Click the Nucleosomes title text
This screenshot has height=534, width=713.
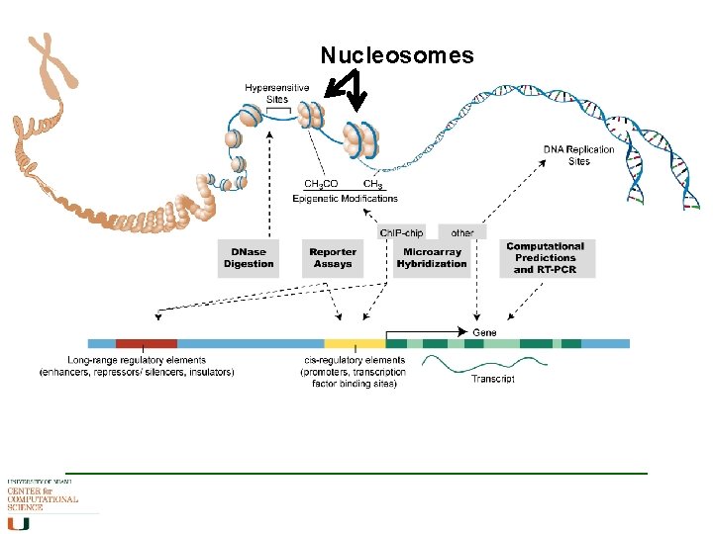point(397,55)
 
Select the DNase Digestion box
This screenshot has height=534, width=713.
point(249,258)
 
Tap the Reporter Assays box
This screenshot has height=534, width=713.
point(333,258)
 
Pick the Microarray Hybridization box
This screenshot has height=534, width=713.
point(432,258)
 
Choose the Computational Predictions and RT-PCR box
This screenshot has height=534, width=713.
point(545,257)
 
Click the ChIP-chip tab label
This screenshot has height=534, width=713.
point(401,233)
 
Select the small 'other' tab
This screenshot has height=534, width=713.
point(461,233)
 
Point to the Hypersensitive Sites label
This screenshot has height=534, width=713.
point(276,94)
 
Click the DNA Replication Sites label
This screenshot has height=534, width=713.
point(578,155)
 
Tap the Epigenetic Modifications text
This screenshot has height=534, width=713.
point(345,199)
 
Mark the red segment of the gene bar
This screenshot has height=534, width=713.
point(146,343)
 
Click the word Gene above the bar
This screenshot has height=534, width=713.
point(484,332)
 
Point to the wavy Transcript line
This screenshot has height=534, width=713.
point(483,363)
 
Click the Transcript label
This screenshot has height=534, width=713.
point(492,380)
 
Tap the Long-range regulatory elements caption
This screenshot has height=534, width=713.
point(137,366)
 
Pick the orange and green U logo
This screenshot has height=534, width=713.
point(18,522)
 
